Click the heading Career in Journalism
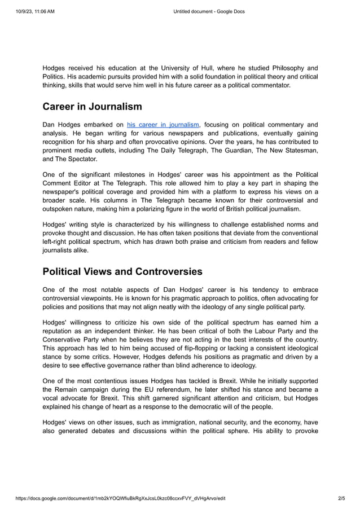point(92,106)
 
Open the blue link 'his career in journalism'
point(163,125)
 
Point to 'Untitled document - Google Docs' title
point(208,11)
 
